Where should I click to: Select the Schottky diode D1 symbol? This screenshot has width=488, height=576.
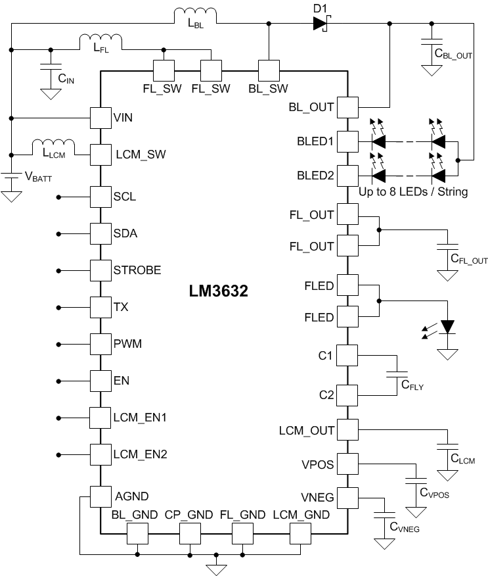(x=320, y=24)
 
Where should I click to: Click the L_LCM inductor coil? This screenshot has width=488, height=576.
(x=53, y=145)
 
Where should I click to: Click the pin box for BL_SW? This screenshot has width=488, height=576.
(x=269, y=70)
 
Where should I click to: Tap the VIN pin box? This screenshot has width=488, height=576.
(x=100, y=118)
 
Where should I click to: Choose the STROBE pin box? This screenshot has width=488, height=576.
(x=100, y=270)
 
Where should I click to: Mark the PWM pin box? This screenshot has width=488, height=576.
(x=100, y=344)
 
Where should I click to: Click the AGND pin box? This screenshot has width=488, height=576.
(x=100, y=496)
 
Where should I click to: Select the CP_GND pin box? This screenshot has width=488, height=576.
(x=190, y=534)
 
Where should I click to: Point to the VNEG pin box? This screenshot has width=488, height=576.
(x=347, y=496)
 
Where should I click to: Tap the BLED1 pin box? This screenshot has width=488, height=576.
(x=347, y=140)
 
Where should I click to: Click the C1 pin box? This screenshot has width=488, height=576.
(x=347, y=356)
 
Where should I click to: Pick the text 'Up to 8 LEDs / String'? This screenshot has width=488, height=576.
(x=413, y=193)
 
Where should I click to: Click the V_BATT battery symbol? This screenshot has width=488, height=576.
(x=11, y=178)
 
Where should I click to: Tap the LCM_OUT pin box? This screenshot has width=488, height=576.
(x=347, y=430)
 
